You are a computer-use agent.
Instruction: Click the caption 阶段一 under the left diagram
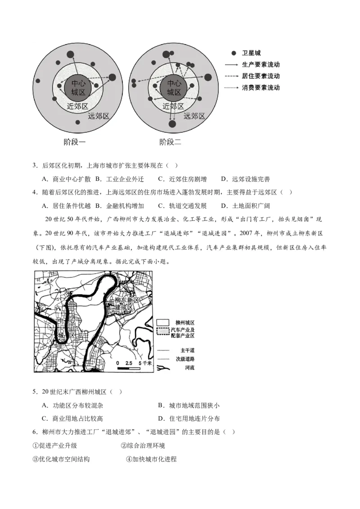75,143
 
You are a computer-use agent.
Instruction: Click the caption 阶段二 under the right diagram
170,143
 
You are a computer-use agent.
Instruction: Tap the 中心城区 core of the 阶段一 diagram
78,87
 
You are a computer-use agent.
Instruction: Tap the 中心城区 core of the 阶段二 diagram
174,87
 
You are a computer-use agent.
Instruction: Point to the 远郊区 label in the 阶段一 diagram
99,116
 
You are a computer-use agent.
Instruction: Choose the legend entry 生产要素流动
261,65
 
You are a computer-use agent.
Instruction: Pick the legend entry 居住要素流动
261,76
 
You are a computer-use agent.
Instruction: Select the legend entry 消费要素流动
261,87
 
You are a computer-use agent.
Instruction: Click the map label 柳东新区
127,300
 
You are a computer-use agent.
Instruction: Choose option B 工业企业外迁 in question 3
119,179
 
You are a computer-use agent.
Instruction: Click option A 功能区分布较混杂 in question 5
72,405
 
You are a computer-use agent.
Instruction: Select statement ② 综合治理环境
143,446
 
